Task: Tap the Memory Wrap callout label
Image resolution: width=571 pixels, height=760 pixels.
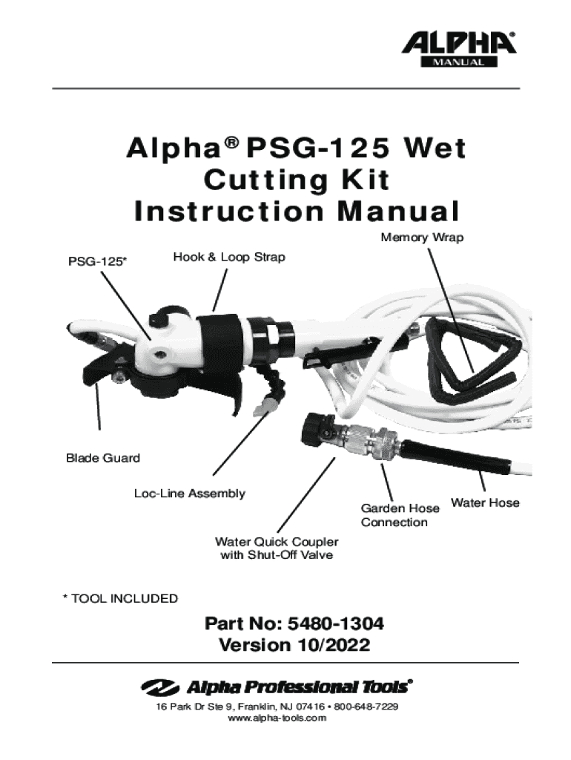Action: pyautogui.click(x=422, y=237)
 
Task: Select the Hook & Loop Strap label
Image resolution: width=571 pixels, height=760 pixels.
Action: pyautogui.click(x=228, y=257)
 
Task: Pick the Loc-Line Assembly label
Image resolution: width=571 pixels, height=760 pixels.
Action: pyautogui.click(x=189, y=494)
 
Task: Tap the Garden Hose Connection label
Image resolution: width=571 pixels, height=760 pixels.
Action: pyautogui.click(x=400, y=515)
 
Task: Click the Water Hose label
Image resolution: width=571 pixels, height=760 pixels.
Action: pyautogui.click(x=485, y=503)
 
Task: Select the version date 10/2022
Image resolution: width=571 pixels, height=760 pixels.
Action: pyautogui.click(x=333, y=646)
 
